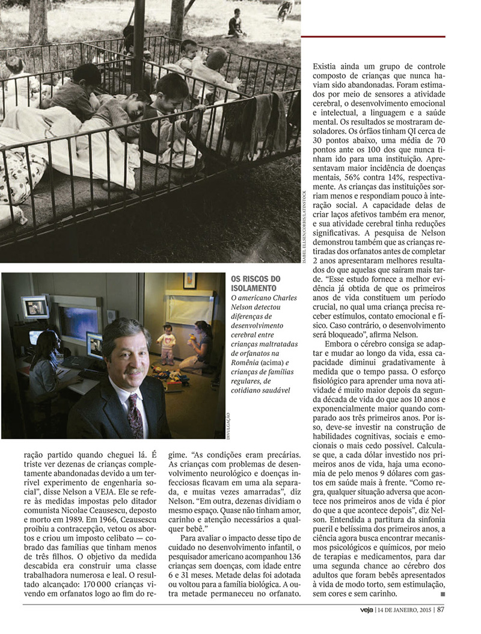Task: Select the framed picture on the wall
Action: click(x=190, y=280)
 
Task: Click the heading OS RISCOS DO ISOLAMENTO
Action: click(x=256, y=283)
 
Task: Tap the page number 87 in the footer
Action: click(x=441, y=608)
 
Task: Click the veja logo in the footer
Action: click(x=360, y=608)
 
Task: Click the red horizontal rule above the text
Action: click(x=373, y=37)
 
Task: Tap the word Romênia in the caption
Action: click(x=247, y=363)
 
